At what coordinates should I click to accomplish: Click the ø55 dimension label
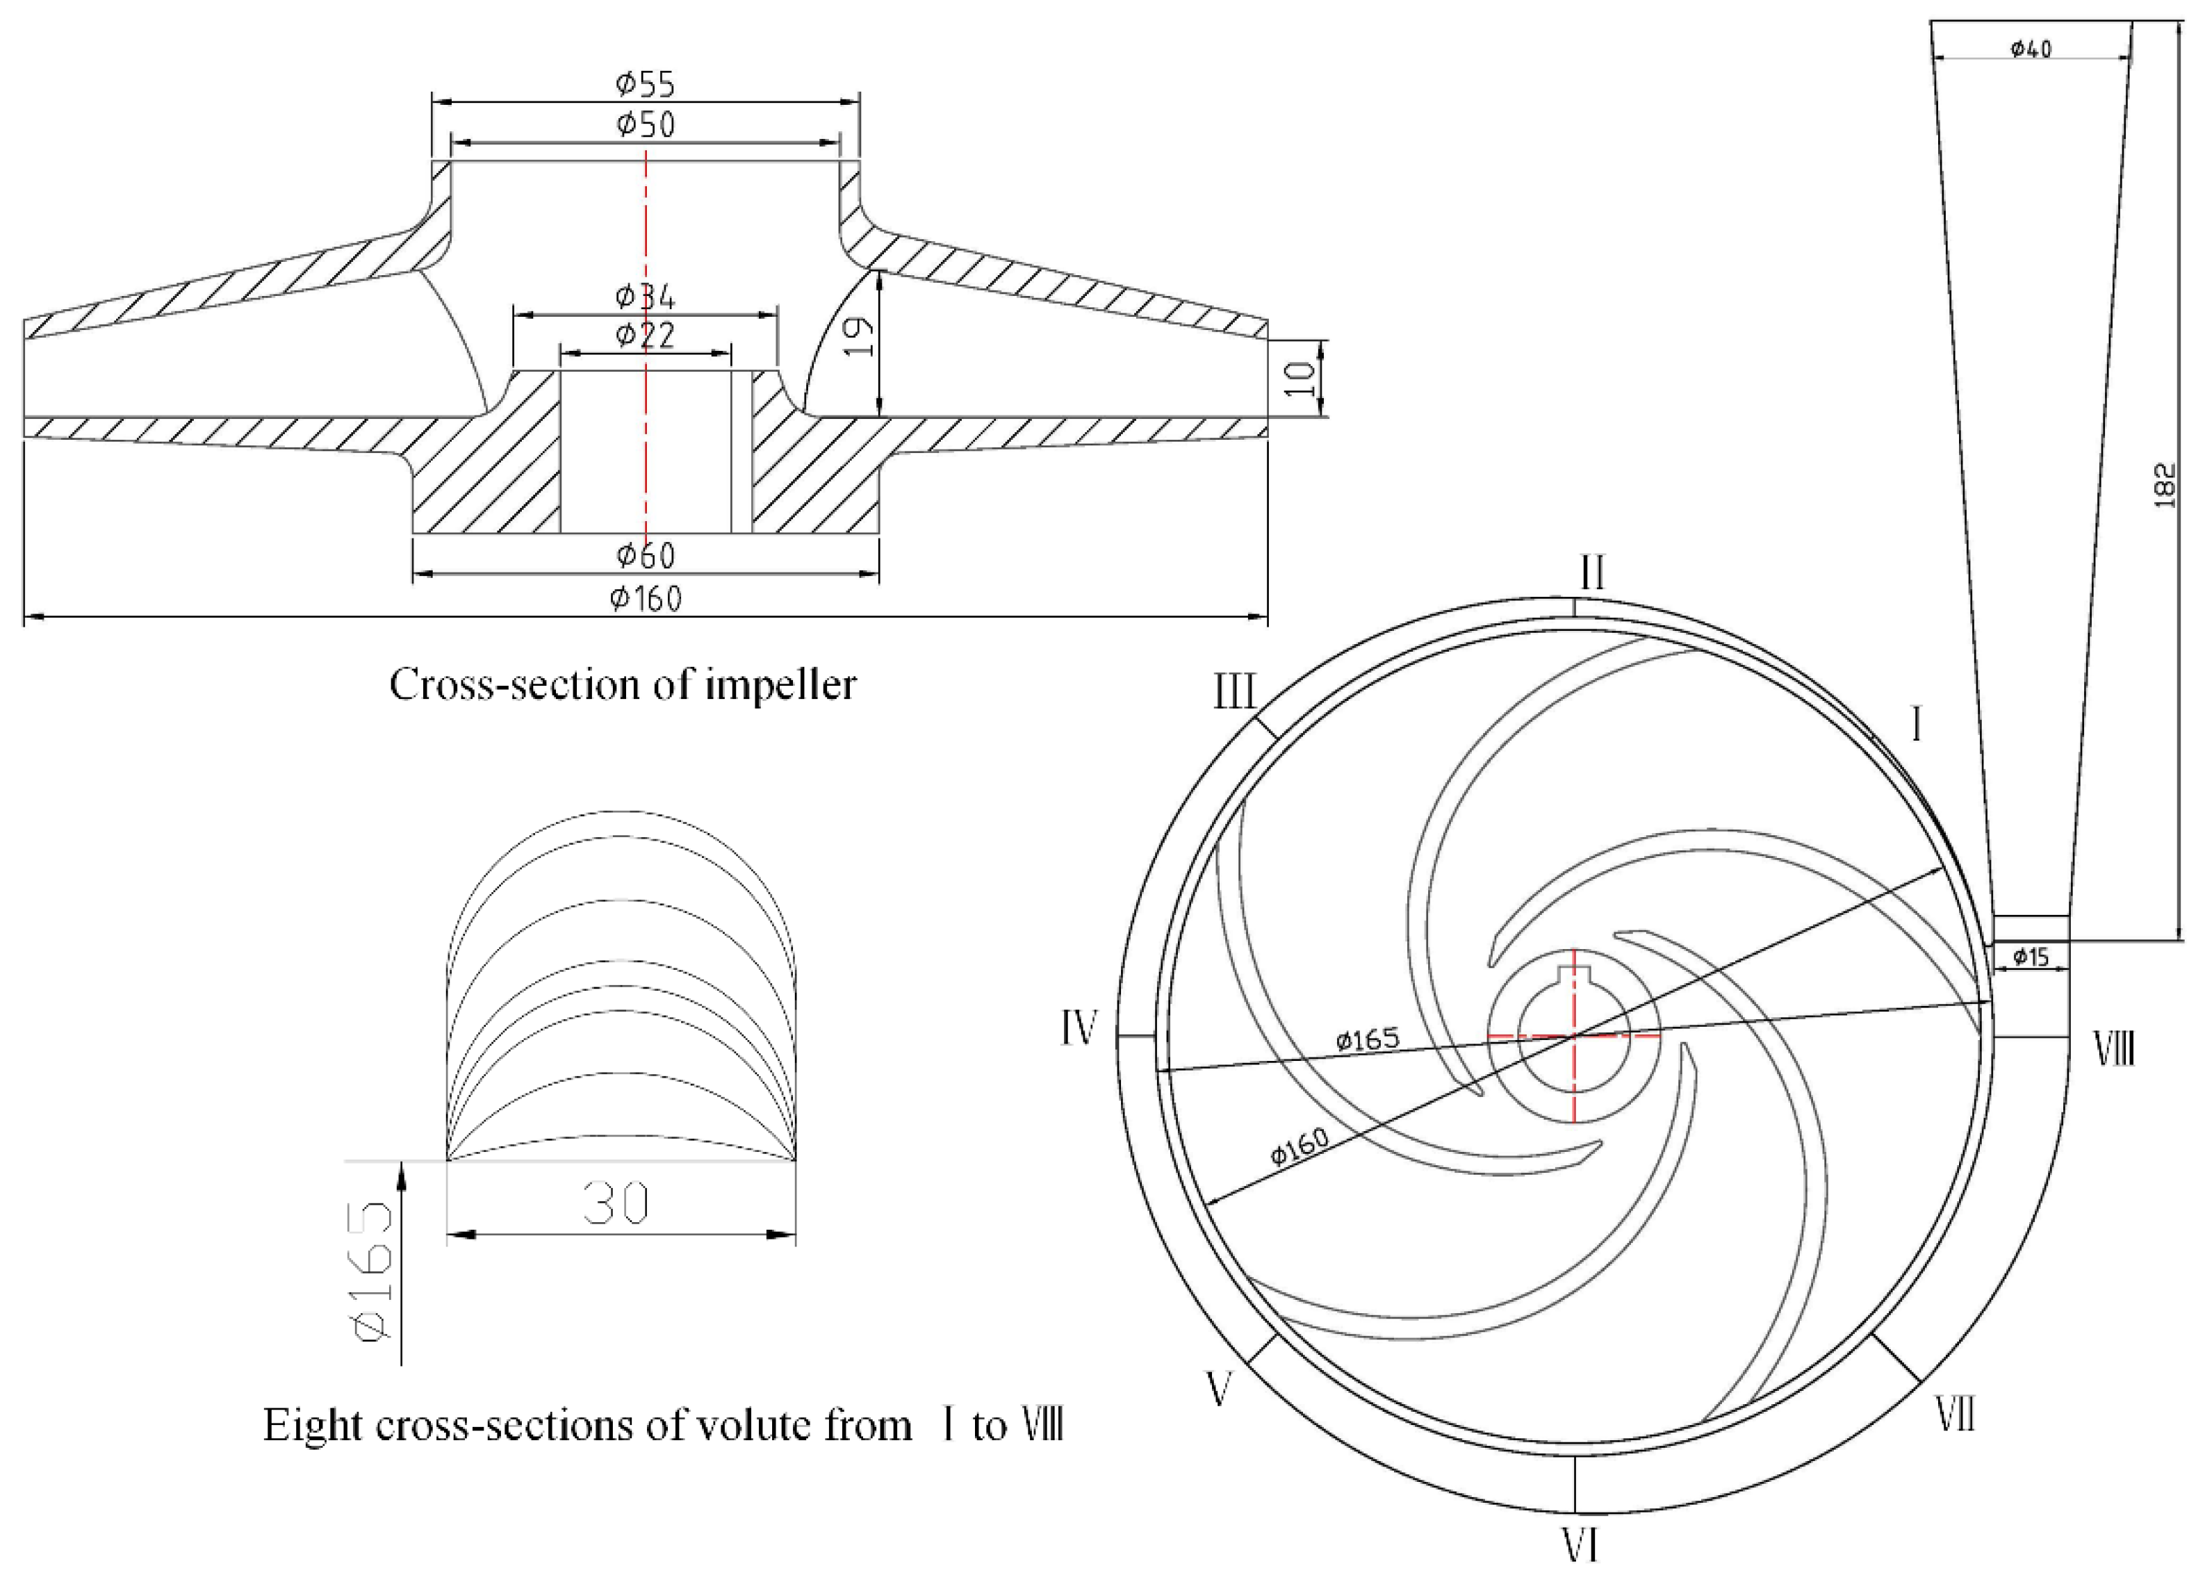coord(645,85)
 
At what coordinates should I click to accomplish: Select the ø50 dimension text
coord(645,125)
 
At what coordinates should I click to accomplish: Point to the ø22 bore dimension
coord(645,336)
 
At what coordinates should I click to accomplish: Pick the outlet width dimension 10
coord(1301,378)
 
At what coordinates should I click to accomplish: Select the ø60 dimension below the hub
coord(645,556)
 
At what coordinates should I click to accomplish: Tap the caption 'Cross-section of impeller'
coord(622,684)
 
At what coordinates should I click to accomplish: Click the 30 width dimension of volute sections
coord(616,1204)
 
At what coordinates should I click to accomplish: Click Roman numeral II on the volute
coord(1591,573)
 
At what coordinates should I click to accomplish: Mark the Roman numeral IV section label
coord(1079,1028)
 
